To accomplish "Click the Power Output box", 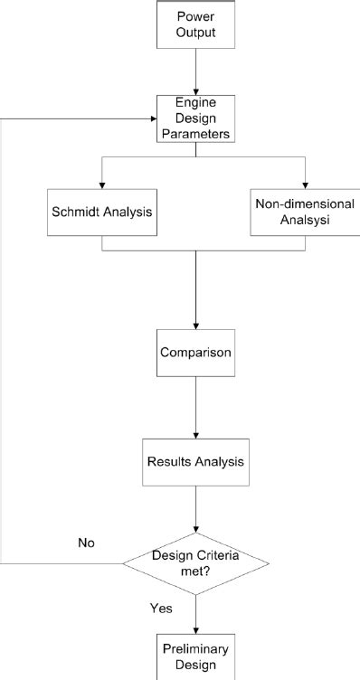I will [195, 25].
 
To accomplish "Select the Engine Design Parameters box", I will [195, 118].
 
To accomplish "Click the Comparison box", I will [195, 351].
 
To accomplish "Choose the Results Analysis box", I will [195, 461].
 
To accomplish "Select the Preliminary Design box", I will [195, 656].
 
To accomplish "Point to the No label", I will [87, 543].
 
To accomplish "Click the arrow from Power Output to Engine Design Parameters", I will [195, 72].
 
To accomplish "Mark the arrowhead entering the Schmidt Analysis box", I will [102, 184].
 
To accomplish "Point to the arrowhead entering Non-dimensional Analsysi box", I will [305, 184].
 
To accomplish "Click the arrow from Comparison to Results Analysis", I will [195, 406].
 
